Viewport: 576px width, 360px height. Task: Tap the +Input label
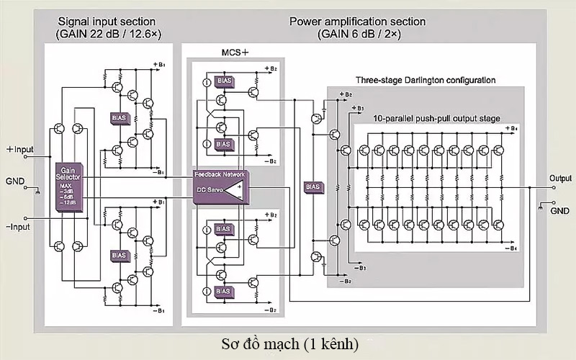click(20, 150)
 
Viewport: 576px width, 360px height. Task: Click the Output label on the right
click(560, 178)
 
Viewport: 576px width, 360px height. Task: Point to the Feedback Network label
click(220, 175)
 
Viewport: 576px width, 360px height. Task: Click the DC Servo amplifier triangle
click(233, 192)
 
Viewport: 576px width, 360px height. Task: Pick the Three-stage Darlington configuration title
click(426, 79)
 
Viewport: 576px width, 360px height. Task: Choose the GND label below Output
click(559, 212)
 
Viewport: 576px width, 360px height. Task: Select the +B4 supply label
click(510, 128)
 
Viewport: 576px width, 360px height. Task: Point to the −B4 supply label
click(509, 249)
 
